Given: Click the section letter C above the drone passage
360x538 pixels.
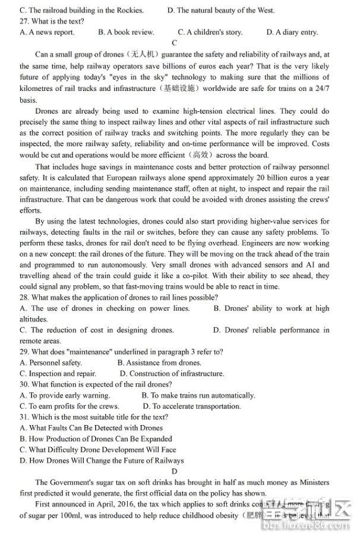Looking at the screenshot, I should [x=174, y=43].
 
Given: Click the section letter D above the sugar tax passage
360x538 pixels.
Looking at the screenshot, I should [x=174, y=471].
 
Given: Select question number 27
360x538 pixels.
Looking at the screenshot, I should [x=25, y=21].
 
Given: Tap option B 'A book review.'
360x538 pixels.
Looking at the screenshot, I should [x=126, y=32].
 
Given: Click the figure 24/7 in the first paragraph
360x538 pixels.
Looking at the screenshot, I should [x=321, y=89].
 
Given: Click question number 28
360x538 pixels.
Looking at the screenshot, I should [x=25, y=297].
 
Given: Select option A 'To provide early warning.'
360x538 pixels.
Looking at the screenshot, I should [x=65, y=395].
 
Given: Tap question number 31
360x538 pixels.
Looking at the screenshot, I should [x=25, y=417].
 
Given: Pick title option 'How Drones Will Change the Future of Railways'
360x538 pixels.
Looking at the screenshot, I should [x=102, y=461].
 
